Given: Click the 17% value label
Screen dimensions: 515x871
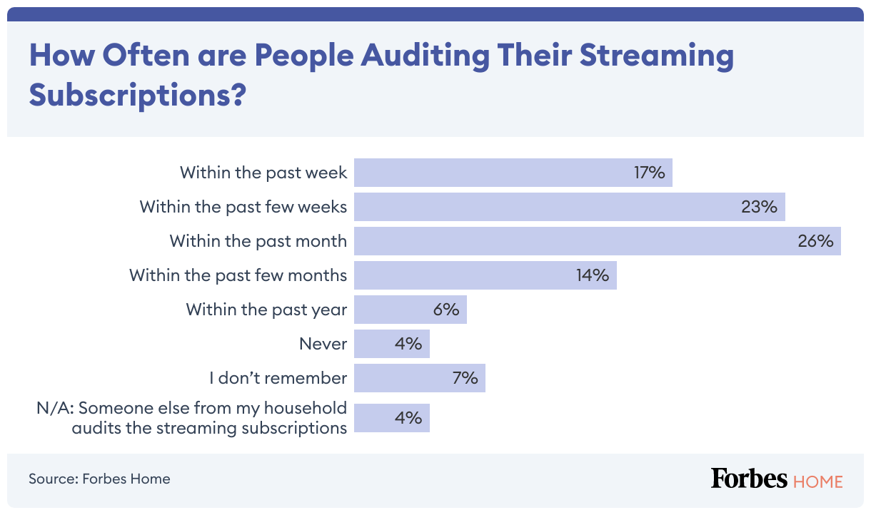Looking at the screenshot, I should [x=650, y=173].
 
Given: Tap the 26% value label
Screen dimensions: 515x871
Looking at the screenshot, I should [x=816, y=241].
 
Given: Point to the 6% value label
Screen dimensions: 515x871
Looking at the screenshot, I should [x=445, y=310].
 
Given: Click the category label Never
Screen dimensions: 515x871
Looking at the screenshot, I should [x=323, y=344].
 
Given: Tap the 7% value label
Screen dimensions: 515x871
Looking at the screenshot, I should [x=464, y=378].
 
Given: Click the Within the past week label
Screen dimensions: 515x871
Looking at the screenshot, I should [x=263, y=173].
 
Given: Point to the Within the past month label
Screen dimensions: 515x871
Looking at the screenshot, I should [x=258, y=241].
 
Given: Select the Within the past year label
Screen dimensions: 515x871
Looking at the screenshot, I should [x=267, y=310].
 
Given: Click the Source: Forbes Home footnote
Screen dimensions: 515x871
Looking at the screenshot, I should [x=99, y=479].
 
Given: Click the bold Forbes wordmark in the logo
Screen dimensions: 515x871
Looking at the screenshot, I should [x=749, y=479].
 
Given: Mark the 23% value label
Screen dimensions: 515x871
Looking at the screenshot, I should [x=759, y=207].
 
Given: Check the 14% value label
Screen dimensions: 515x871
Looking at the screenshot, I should [x=593, y=275].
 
